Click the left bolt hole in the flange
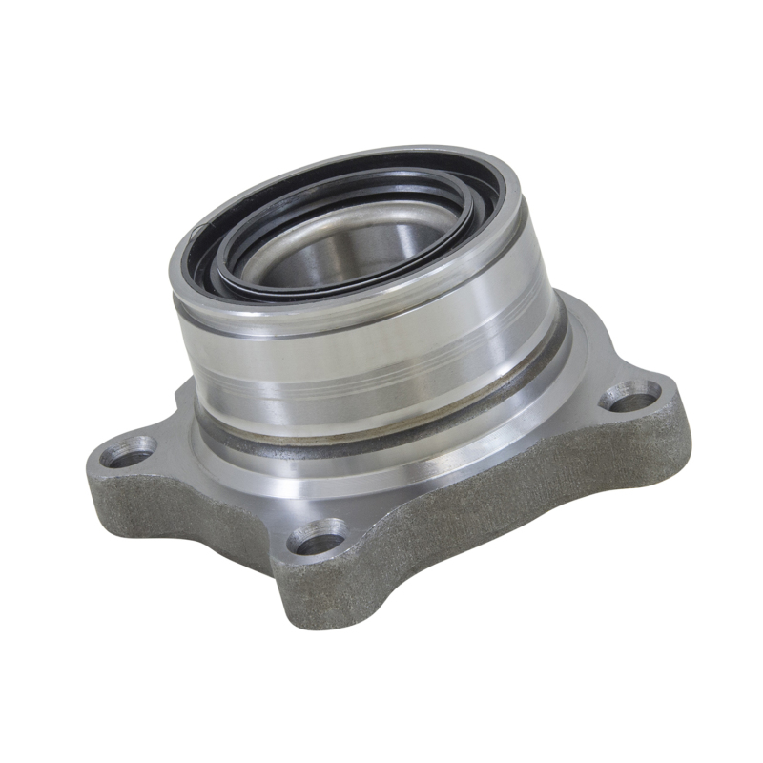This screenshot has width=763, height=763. point(128,450)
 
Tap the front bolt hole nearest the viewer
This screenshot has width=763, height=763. point(319,541)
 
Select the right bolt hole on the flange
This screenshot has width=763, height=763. point(629,394)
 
